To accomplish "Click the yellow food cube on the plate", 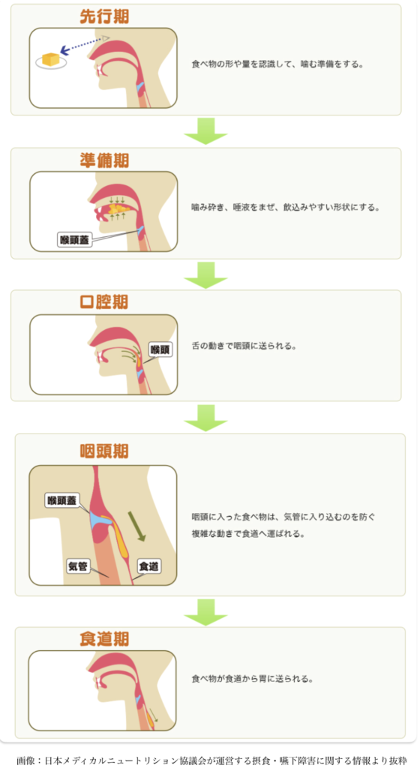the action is click(51, 58).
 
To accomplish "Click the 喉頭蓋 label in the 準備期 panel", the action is click(75, 240).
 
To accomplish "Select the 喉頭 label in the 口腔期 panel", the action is click(160, 349).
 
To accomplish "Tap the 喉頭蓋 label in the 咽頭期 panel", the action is click(61, 500).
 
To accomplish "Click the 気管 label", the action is click(78, 567).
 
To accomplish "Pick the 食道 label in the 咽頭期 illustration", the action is click(148, 567).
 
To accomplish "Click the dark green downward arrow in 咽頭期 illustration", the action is click(137, 526).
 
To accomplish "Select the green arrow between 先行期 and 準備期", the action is click(205, 131).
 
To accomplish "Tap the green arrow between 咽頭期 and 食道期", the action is click(205, 612).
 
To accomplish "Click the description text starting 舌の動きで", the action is click(244, 346).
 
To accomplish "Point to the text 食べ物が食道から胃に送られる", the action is click(252, 679).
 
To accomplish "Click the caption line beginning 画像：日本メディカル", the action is click(211, 760).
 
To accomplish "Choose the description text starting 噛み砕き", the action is click(286, 207).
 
